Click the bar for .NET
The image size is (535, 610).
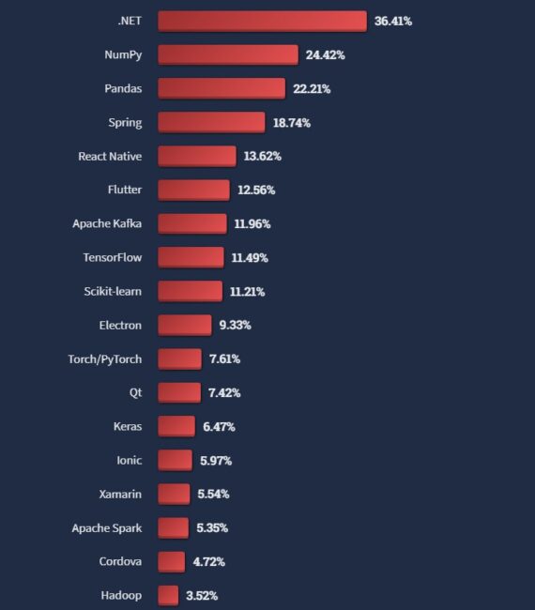(x=262, y=21)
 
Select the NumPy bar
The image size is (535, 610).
(x=228, y=54)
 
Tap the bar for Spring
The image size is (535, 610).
(x=211, y=122)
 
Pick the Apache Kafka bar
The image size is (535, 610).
(x=192, y=223)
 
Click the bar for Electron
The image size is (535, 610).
(x=185, y=325)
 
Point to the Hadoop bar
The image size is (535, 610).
(x=168, y=595)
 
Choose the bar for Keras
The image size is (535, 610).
(x=176, y=426)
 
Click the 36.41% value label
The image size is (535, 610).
(x=393, y=21)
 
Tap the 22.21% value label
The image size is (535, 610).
(x=312, y=88)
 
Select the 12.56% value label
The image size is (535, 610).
(x=256, y=190)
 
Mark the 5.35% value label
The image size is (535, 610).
(x=212, y=527)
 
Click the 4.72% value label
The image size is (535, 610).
(x=208, y=561)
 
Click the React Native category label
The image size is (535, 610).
(x=110, y=156)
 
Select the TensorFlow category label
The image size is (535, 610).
(x=113, y=257)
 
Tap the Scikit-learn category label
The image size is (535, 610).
(x=113, y=291)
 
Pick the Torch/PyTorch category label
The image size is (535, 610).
(x=105, y=358)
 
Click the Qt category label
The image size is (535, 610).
(x=135, y=392)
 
